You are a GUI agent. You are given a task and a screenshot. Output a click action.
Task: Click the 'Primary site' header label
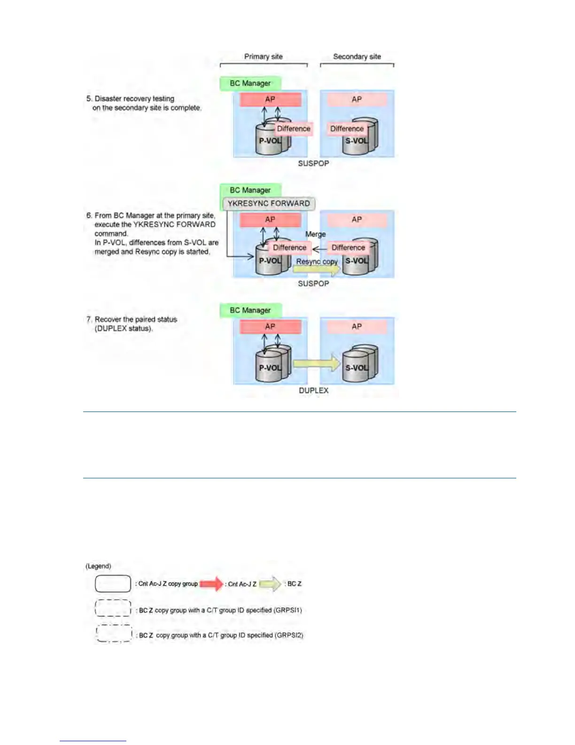pos(263,56)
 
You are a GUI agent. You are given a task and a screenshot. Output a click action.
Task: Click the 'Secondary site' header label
pos(357,56)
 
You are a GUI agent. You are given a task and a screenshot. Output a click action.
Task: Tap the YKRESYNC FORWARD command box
pos(269,203)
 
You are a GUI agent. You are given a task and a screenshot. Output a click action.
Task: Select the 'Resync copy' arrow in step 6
pos(317,269)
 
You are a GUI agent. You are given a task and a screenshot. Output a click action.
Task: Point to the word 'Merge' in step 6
pos(315,234)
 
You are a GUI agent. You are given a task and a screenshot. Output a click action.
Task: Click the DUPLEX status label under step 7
pos(313,390)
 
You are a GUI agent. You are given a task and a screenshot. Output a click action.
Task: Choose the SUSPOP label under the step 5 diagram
pos(313,163)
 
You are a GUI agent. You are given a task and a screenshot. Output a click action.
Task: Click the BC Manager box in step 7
pos(250,310)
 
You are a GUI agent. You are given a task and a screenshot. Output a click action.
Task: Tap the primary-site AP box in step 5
pos(270,99)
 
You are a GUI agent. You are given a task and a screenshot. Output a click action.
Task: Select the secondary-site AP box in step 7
pos(357,326)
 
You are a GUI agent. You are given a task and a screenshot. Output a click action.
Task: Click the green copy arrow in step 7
pos(317,364)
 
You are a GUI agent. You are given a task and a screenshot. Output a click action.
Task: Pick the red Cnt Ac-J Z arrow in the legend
pos(211,584)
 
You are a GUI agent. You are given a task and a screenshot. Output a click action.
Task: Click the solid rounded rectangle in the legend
pos(113,584)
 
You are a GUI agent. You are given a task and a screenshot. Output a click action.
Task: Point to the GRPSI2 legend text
pos(221,635)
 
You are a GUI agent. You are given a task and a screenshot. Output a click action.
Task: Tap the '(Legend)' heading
pos(98,566)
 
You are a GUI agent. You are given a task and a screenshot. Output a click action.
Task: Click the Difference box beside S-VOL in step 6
pos(348,247)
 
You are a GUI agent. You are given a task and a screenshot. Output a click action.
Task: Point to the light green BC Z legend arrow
pos(270,584)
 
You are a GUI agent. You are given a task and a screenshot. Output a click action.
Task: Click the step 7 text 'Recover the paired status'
pos(136,319)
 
